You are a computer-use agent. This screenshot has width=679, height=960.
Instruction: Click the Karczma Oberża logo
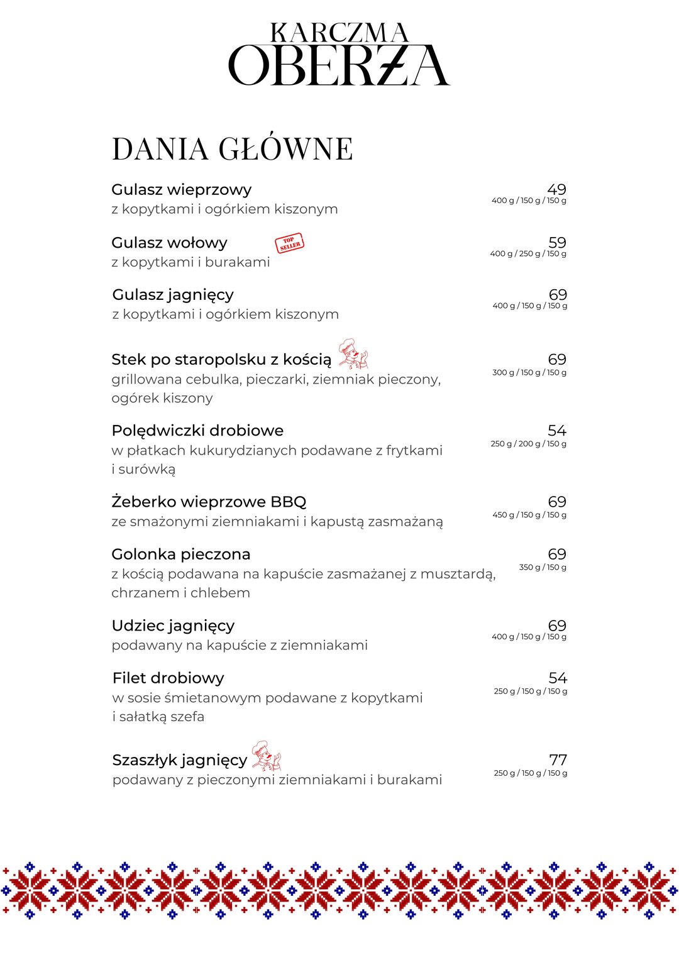coord(339,55)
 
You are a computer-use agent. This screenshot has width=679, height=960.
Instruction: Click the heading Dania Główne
coord(232,149)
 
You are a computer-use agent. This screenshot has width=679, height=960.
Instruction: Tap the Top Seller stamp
coord(289,243)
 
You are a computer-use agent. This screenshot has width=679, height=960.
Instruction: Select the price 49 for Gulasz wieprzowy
coord(556,189)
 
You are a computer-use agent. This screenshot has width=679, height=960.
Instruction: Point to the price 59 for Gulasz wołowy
coord(557,243)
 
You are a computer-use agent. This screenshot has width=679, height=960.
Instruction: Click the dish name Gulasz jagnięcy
coord(173,295)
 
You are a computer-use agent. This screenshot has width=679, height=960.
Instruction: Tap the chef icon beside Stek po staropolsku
coord(353,354)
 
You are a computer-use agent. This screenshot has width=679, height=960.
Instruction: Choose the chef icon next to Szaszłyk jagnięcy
coord(266,756)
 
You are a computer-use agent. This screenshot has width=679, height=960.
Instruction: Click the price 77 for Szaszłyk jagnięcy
coord(558,760)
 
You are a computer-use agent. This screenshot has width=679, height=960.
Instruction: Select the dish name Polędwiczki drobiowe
coord(197,431)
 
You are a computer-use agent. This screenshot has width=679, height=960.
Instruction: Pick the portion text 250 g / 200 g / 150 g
coord(528,444)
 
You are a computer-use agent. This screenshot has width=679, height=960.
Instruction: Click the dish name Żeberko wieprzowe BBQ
coord(209,502)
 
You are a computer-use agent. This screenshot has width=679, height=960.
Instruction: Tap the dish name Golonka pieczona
coord(181,554)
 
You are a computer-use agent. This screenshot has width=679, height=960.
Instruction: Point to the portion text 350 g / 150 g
coord(543,567)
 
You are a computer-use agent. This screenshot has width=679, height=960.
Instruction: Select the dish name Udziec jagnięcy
coord(173,626)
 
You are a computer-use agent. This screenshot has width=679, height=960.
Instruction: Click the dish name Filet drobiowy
coord(168,678)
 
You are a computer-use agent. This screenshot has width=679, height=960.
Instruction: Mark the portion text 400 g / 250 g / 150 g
coord(528,254)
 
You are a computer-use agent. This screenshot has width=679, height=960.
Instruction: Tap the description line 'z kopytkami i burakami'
coord(190,262)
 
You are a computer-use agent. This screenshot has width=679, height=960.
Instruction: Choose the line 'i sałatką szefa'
coord(158,717)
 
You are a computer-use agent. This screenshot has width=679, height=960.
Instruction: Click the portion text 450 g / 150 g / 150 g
coord(529,515)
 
